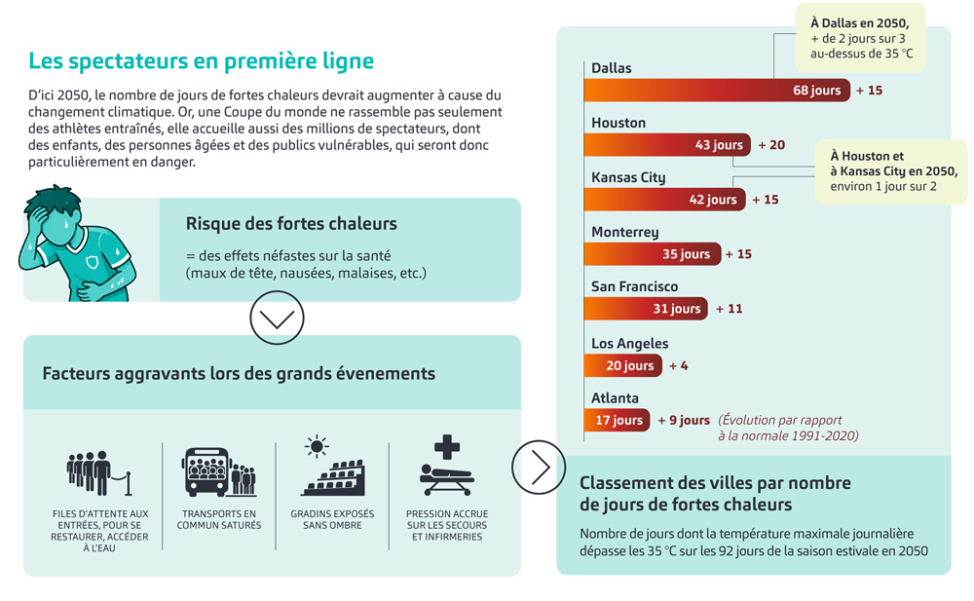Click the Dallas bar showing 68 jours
[717, 91]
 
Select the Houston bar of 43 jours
[667, 145]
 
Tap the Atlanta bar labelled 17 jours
[617, 420]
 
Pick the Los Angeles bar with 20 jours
[623, 365]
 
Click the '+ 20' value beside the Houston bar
[771, 145]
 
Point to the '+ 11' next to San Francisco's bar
[730, 309]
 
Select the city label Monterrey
[625, 233]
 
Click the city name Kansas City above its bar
[628, 177]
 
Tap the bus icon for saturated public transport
[207, 471]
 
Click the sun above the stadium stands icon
[317, 446]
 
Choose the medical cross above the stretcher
[447, 447]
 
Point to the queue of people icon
[99, 473]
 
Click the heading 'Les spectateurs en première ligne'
[202, 61]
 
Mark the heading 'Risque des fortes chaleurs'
[291, 224]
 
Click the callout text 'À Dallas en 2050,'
[860, 23]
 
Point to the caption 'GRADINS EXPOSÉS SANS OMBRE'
[332, 519]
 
